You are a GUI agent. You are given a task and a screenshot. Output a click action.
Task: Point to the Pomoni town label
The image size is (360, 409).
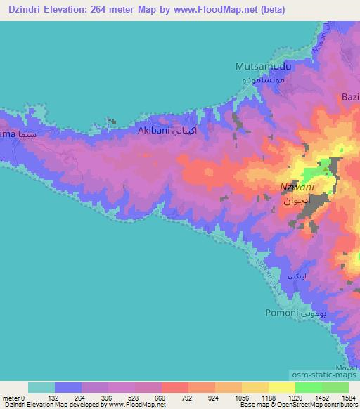coord(281,311)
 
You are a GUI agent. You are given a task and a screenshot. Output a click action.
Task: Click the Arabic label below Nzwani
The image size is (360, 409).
coord(294,201)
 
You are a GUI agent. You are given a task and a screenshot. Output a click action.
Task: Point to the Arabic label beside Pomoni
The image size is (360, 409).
coord(315,311)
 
